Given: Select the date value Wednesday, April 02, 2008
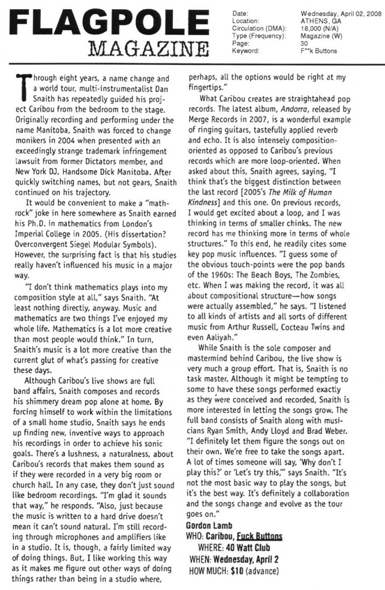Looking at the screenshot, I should click(x=342, y=13).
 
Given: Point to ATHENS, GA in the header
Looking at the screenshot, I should click(x=318, y=20).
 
